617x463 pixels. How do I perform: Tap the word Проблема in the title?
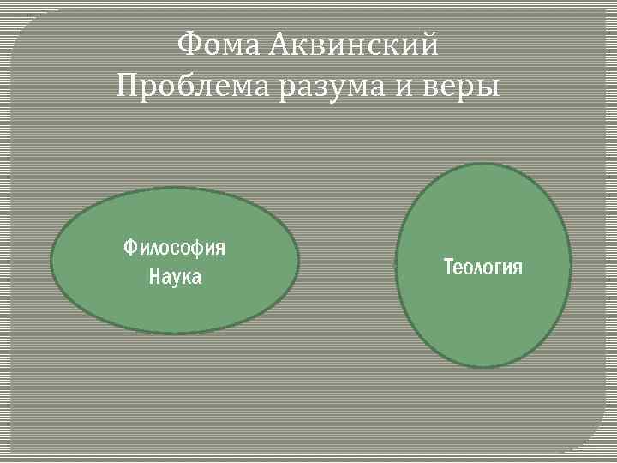point(192,86)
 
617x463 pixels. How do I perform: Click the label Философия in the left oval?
point(175,248)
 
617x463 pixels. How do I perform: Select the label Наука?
point(175,277)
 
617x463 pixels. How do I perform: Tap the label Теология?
point(482,267)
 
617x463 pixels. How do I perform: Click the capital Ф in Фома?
point(188,44)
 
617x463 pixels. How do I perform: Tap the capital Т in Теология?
point(447,267)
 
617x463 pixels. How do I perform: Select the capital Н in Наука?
point(154,277)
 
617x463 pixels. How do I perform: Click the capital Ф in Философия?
point(129,248)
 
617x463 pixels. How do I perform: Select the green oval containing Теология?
point(482,326)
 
